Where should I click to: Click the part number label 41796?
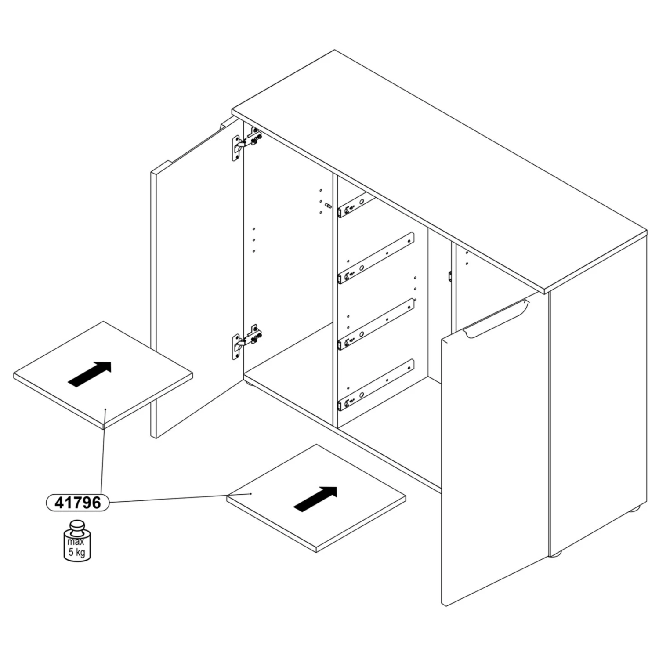coord(78,502)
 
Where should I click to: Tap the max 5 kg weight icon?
coord(77,541)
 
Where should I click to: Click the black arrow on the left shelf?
coord(90,374)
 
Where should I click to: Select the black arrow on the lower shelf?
coord(315,499)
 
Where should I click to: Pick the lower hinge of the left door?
coord(246,341)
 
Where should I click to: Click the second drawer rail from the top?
coord(376,258)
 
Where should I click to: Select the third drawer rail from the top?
coord(376,324)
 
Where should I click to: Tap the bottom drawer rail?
coord(376,385)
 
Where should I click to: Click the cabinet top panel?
coord(439,171)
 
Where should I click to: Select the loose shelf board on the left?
coord(103,375)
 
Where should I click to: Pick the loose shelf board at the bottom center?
coord(316,498)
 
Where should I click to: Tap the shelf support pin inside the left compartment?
coord(328,205)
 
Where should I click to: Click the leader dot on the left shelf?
coord(105,409)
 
